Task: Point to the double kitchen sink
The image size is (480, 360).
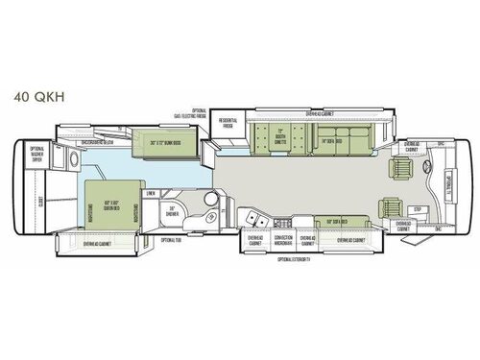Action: click(x=255, y=220)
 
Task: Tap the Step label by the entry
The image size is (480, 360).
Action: click(x=418, y=208)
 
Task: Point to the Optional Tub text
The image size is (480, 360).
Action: click(x=171, y=239)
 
